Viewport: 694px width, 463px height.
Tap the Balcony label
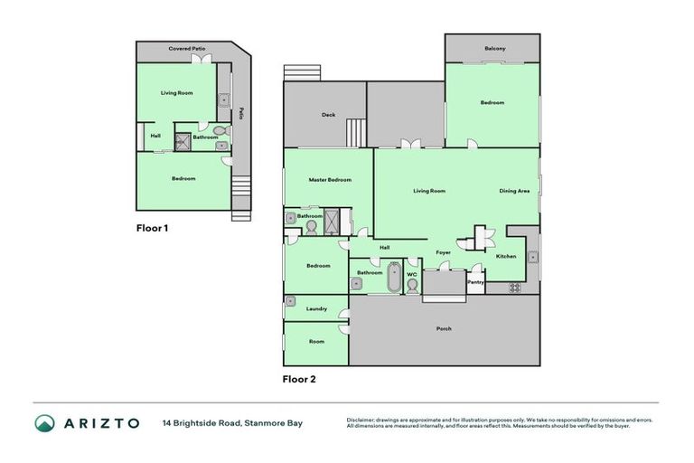tap(493, 48)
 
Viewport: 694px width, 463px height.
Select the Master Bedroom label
tap(329, 180)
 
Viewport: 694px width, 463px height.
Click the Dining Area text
tap(514, 191)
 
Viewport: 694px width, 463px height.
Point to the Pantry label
tap(475, 282)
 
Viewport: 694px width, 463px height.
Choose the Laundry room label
tap(316, 309)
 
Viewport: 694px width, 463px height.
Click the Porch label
tap(444, 328)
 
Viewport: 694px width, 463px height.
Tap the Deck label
tap(329, 115)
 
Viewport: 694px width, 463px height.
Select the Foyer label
tap(443, 253)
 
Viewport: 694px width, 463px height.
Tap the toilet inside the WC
tap(413, 285)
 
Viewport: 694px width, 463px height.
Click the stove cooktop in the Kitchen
tap(515, 288)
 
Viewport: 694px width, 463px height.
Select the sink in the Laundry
tap(292, 301)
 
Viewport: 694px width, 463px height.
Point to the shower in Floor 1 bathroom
tap(183, 140)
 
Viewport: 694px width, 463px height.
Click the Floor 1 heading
tap(152, 229)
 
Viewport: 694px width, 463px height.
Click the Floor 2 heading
tap(299, 379)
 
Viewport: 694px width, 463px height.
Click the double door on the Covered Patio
tap(206, 59)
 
